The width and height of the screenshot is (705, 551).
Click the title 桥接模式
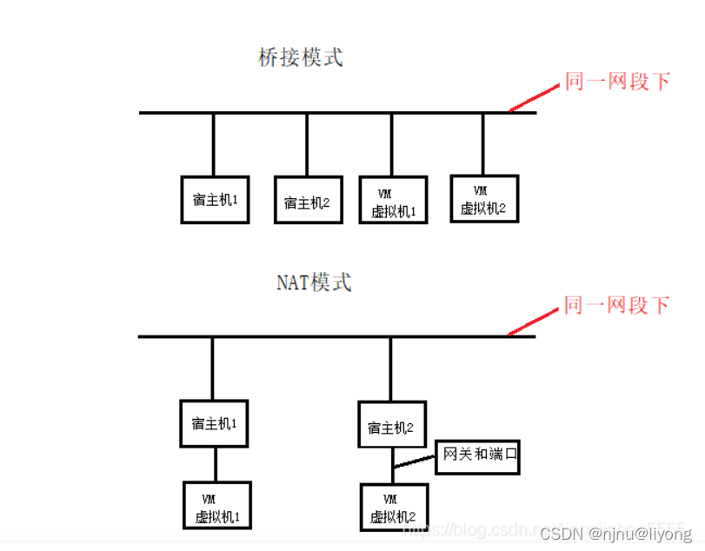[x=301, y=58]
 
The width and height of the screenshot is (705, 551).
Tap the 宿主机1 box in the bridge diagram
[x=215, y=199]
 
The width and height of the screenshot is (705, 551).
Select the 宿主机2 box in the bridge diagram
[x=307, y=202]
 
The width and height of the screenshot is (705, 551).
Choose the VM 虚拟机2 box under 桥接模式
[x=484, y=199]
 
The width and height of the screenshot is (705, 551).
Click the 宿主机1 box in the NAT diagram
[x=214, y=424]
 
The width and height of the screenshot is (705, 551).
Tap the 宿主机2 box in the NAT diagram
[x=392, y=425]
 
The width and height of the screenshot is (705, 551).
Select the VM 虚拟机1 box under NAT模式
[x=216, y=507]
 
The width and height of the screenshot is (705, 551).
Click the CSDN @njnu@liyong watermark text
[x=615, y=534]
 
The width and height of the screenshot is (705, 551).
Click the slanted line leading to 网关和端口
[x=414, y=461]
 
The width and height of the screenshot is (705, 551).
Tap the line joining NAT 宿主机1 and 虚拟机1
[x=214, y=465]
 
